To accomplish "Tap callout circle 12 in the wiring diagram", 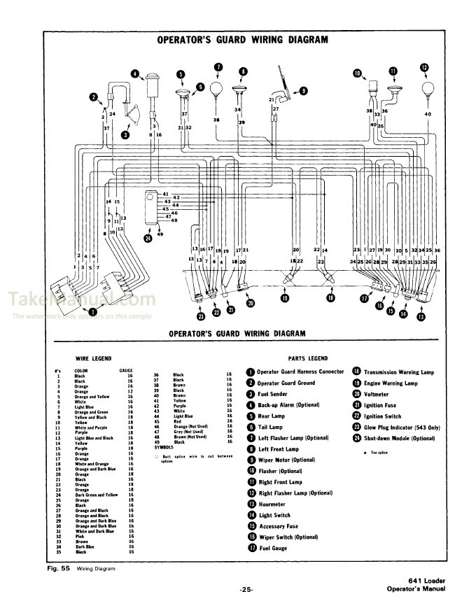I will pyautogui.click(x=423, y=68).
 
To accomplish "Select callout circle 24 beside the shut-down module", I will pyautogui.click(x=148, y=238).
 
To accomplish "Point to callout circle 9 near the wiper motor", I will pyautogui.click(x=303, y=90).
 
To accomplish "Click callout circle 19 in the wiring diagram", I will pyautogui.click(x=285, y=298).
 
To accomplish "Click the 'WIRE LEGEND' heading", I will pyautogui.click(x=93, y=358).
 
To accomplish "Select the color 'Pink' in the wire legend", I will pyautogui.click(x=79, y=536).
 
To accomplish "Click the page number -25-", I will pyautogui.click(x=246, y=590).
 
